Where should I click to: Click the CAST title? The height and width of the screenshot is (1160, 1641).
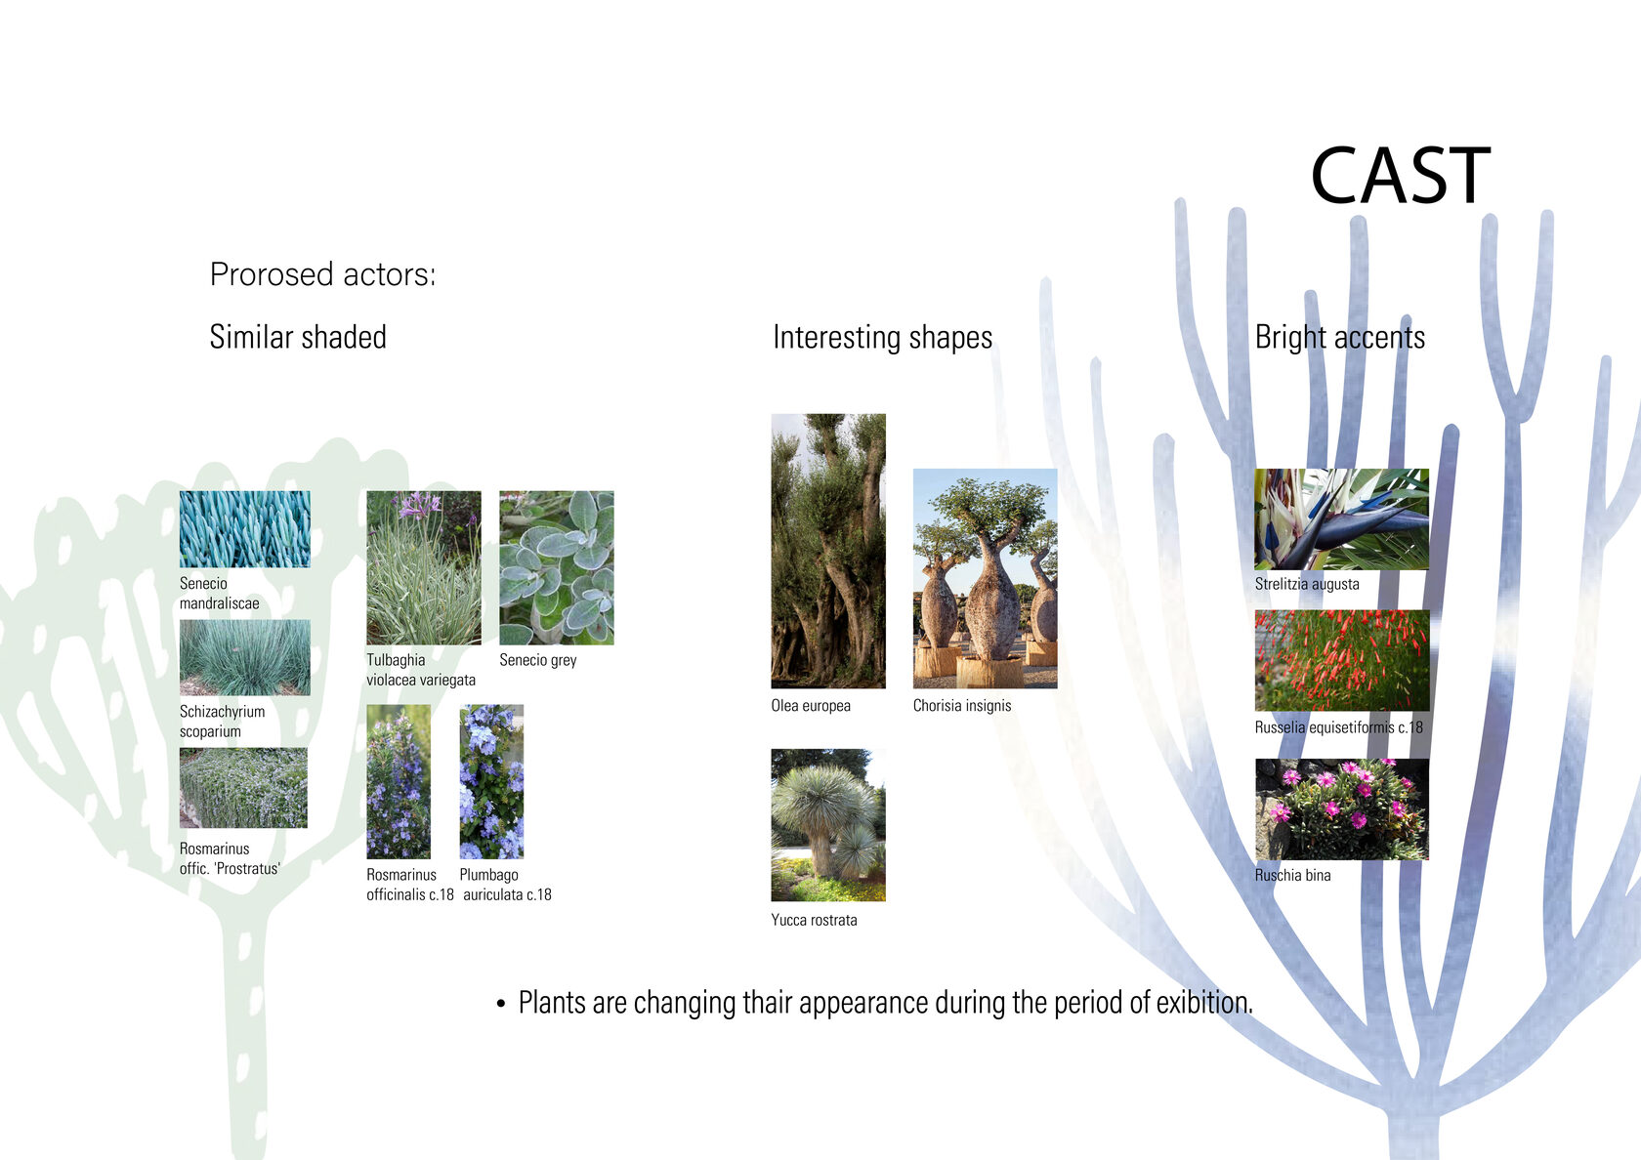click(x=1400, y=176)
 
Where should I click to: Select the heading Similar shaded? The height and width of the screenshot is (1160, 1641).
click(x=297, y=337)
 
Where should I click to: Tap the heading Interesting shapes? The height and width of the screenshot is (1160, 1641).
click(x=883, y=338)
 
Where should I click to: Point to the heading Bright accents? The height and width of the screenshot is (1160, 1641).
click(x=1340, y=338)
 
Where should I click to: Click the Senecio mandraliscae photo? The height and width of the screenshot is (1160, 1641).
click(x=244, y=529)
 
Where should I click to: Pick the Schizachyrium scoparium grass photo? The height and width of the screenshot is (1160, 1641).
click(x=244, y=657)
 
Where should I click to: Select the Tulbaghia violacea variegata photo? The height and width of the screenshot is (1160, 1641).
click(x=424, y=567)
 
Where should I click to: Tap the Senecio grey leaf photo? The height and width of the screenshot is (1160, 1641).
click(x=557, y=567)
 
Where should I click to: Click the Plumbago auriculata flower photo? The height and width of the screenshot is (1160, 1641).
click(x=491, y=781)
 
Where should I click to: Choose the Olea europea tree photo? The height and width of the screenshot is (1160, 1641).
click(x=828, y=551)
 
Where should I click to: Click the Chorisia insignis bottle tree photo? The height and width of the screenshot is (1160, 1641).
click(x=985, y=578)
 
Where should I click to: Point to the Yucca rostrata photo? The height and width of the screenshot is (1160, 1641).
click(x=828, y=824)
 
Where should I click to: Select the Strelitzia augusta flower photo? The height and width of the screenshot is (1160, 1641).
click(x=1341, y=519)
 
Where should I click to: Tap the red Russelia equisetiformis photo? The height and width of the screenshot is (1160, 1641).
click(x=1341, y=660)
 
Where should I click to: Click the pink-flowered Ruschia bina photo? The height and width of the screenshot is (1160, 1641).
click(x=1341, y=809)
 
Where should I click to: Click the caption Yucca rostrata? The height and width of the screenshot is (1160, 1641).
click(x=814, y=920)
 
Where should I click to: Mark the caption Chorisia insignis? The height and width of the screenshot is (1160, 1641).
click(x=962, y=705)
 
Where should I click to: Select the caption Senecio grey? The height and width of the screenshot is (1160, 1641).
click(x=537, y=660)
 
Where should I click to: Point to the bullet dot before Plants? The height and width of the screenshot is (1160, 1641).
click(x=501, y=1004)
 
